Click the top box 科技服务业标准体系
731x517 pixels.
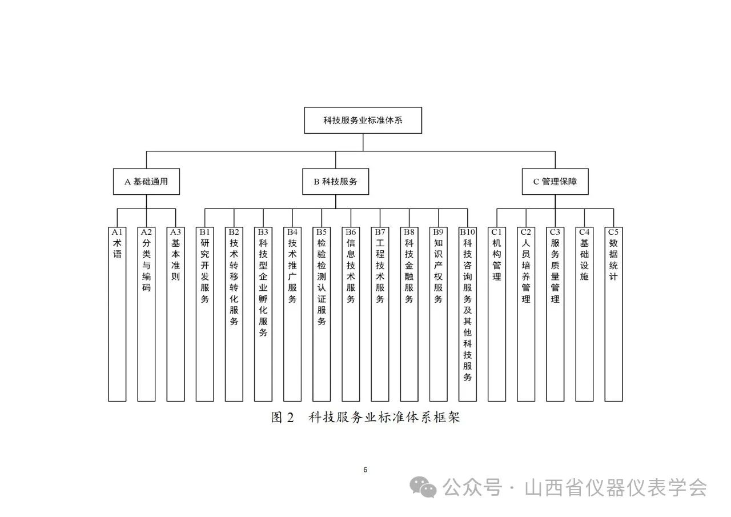point(363,120)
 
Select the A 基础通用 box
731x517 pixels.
point(146,182)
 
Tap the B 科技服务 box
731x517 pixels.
point(335,182)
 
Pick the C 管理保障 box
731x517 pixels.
point(555,182)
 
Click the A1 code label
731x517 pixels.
point(117,232)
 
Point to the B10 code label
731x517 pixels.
point(467,232)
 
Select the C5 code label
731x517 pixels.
point(613,232)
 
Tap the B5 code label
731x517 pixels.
point(322,232)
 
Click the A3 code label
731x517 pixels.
point(175,232)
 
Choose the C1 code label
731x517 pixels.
point(496,232)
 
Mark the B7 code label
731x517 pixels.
point(380,232)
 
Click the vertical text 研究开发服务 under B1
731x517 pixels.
point(204,271)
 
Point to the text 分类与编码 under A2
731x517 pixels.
point(146,265)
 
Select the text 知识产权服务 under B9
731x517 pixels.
point(438,271)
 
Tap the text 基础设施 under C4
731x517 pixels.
point(584,259)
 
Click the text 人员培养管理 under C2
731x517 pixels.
point(526,271)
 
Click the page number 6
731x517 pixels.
point(365,470)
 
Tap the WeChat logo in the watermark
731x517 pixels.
point(423,487)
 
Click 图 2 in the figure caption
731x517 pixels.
point(283,418)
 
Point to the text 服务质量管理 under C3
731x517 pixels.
point(555,271)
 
